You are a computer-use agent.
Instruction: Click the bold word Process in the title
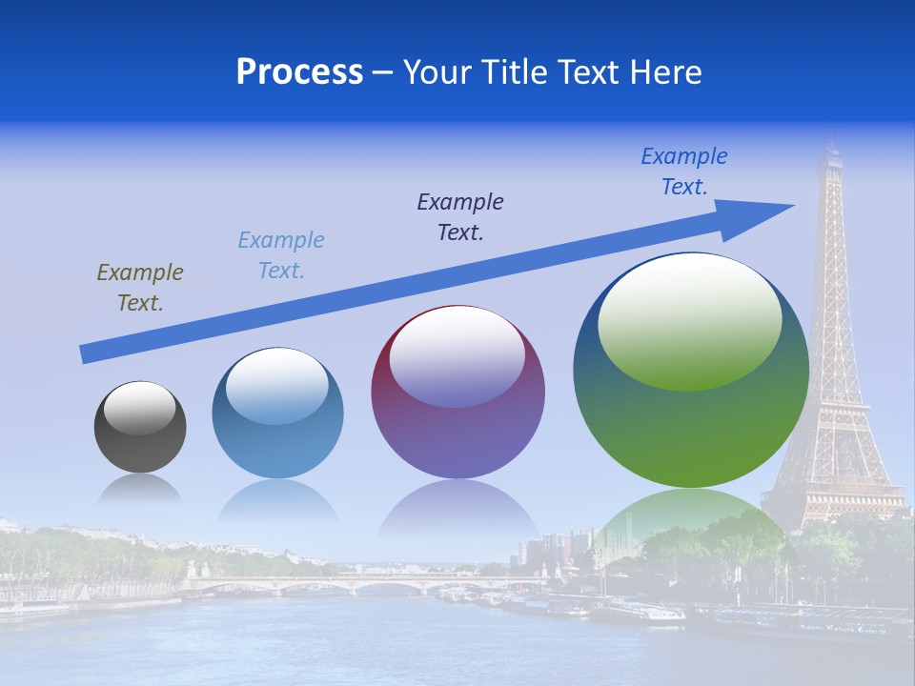299,72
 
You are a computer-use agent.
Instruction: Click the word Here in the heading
666,72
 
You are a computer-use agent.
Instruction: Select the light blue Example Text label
281,255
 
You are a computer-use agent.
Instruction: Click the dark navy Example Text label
460,217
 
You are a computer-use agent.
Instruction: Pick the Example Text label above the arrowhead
684,171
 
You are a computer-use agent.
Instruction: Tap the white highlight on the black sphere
140,408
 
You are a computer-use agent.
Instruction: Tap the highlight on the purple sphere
457,354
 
